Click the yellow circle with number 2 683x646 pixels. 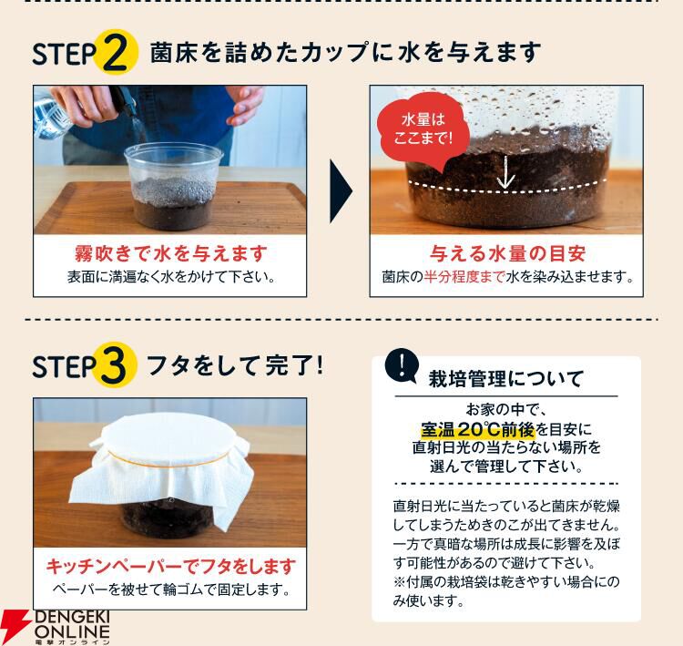(117, 52)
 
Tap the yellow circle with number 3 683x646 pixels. (116, 364)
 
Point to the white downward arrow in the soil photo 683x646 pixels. (505, 172)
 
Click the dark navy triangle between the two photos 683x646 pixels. (341, 191)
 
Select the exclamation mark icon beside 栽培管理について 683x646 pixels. (402, 365)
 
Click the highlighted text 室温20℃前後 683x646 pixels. (478, 430)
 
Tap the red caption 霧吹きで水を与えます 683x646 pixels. (171, 253)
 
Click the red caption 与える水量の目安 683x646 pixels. (507, 253)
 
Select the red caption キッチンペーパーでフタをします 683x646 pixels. (171, 566)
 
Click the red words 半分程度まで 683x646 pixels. (464, 277)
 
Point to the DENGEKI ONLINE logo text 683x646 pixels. (72, 627)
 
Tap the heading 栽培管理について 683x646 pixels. (506, 378)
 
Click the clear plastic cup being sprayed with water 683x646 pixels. (173, 188)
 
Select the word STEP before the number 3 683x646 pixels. (64, 366)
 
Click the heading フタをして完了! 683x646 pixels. (235, 365)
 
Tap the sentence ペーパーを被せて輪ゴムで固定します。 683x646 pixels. (171, 590)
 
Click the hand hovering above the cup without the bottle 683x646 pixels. (245, 105)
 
